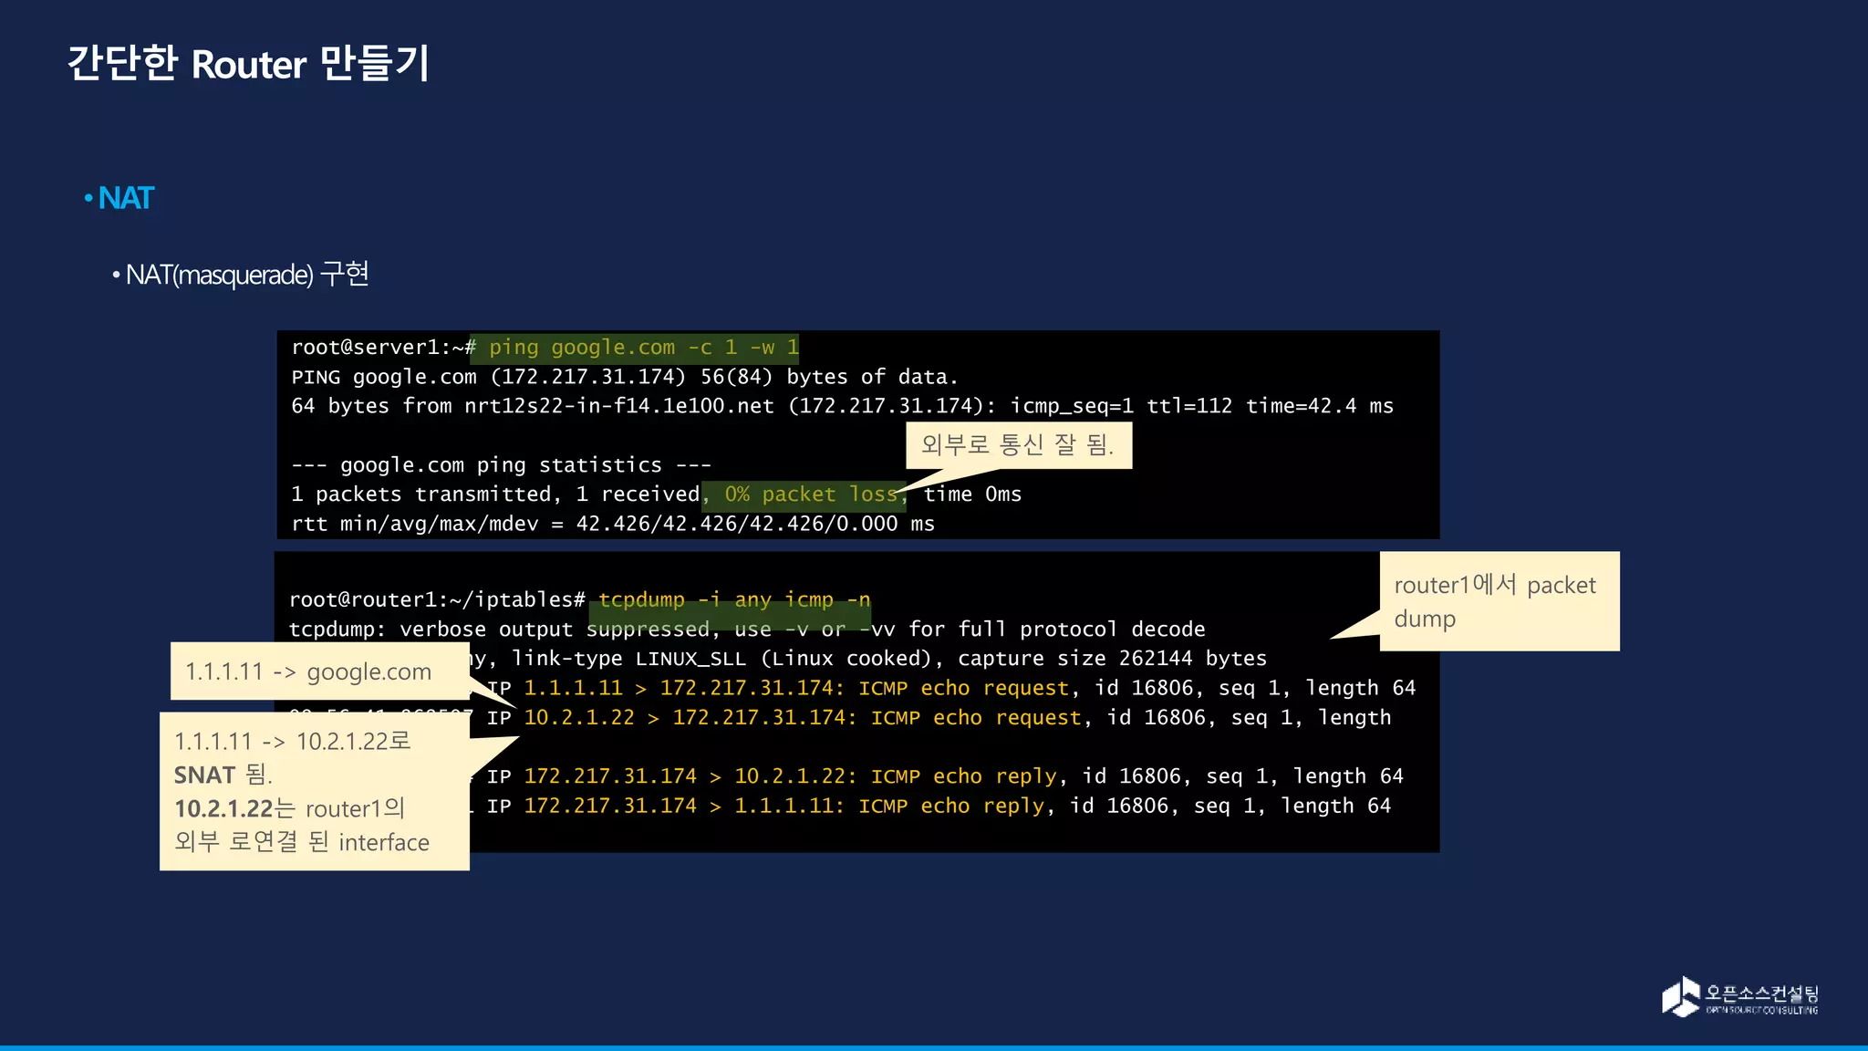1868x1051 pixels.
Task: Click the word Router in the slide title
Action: click(249, 65)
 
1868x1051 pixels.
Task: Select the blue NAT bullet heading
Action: click(126, 198)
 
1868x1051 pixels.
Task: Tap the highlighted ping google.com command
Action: click(643, 348)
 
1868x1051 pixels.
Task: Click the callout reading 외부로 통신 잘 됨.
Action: click(1018, 445)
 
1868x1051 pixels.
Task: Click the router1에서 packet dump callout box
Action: click(1499, 601)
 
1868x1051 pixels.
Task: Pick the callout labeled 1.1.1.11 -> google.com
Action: click(308, 671)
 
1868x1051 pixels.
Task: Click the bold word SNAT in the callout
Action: click(205, 775)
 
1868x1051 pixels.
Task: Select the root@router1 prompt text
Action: click(361, 600)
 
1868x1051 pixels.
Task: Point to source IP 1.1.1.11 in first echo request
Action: click(573, 688)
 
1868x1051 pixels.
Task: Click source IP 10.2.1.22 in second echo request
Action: click(579, 718)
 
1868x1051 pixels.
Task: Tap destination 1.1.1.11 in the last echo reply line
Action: click(789, 806)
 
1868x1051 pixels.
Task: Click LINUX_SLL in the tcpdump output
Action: click(690, 659)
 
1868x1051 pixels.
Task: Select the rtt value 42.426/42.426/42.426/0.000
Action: click(737, 524)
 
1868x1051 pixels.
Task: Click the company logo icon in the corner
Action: click(1680, 996)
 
